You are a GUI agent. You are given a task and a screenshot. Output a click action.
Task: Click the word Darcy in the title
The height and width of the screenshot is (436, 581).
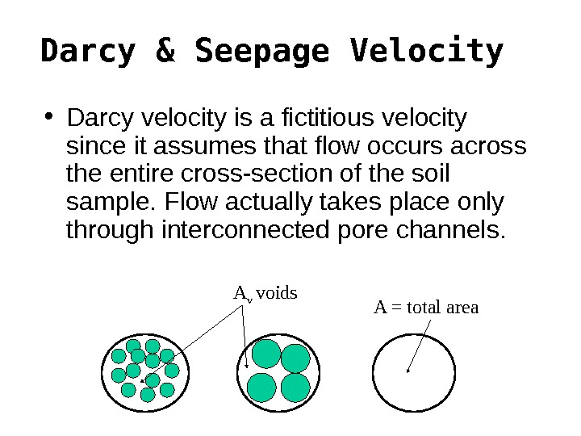(x=88, y=52)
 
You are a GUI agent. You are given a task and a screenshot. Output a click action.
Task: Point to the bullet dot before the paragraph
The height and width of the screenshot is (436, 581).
(x=50, y=119)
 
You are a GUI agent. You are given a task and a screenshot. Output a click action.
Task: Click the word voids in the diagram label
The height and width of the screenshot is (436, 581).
(x=277, y=292)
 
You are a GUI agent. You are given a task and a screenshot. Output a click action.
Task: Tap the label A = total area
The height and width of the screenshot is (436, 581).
(x=426, y=308)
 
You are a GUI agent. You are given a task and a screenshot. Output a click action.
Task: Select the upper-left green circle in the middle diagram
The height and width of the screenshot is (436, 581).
(x=266, y=354)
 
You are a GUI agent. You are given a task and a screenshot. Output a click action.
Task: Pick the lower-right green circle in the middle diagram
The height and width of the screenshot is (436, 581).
(x=295, y=387)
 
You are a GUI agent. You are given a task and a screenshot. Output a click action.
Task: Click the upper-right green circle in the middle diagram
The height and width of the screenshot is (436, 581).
(x=295, y=358)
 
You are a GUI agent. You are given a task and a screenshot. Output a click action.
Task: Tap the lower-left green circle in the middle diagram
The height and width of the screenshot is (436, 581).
(x=262, y=387)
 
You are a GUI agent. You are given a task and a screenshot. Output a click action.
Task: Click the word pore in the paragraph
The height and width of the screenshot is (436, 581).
(x=356, y=230)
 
